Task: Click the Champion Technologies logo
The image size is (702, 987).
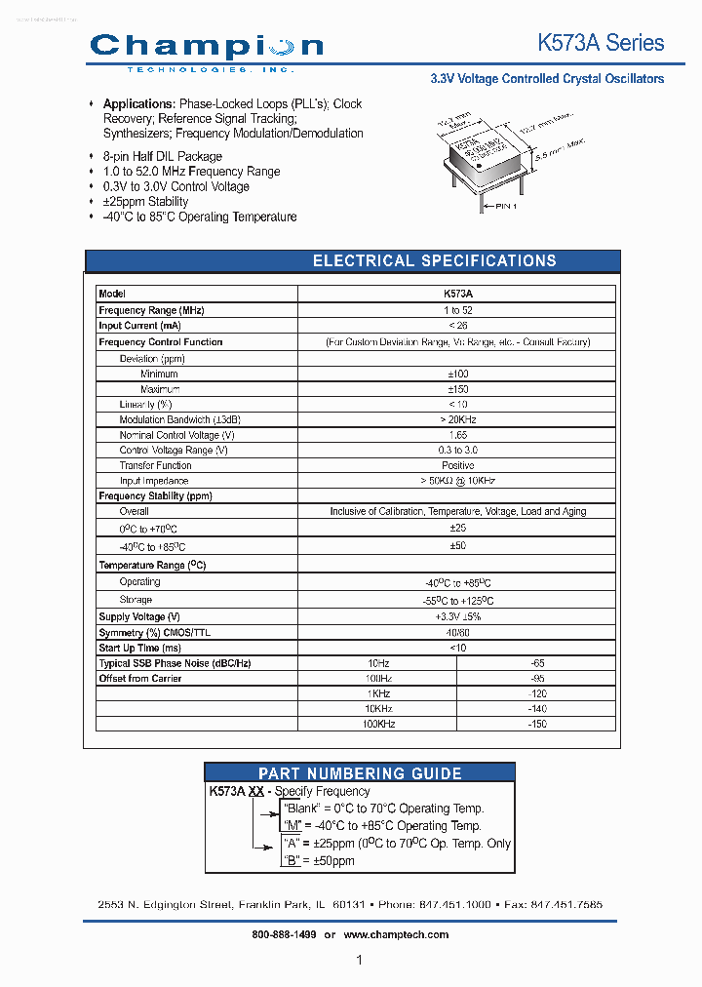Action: [x=206, y=50]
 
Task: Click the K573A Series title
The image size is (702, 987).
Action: [x=601, y=43]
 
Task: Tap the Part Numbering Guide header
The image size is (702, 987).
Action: [x=360, y=773]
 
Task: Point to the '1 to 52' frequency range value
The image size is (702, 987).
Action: [x=456, y=310]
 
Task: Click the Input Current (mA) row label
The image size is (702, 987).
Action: [x=139, y=326]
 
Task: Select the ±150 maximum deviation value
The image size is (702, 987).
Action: [x=456, y=389]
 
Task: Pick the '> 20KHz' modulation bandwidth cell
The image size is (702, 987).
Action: [x=456, y=419]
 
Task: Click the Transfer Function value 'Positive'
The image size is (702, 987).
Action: [x=456, y=465]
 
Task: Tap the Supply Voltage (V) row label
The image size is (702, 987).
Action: [x=139, y=617]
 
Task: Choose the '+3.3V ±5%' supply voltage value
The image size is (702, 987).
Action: [x=456, y=617]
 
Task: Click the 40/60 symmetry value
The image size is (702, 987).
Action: [x=456, y=632]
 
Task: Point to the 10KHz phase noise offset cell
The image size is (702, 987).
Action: [x=377, y=709]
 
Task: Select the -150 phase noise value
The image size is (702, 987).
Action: [x=536, y=725]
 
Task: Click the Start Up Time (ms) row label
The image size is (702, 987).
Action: [x=140, y=648]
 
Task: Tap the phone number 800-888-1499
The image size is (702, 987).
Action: [x=284, y=934]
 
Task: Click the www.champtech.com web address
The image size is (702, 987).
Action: [x=396, y=934]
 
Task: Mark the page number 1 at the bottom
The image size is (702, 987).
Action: [x=359, y=961]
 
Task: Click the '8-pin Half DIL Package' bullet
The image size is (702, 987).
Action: [x=162, y=156]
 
